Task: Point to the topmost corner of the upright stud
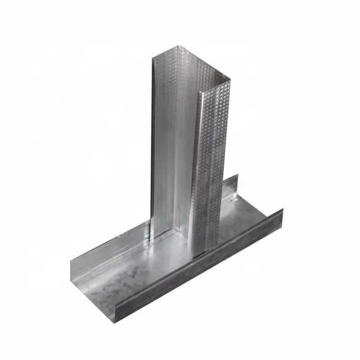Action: click(179, 46)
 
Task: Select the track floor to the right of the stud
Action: click(244, 216)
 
